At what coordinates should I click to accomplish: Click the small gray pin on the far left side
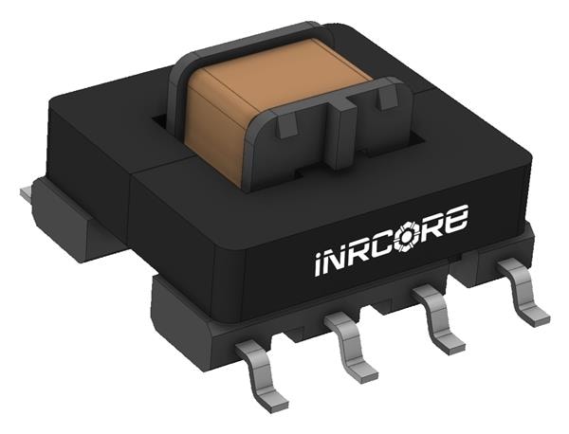coord(26,194)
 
